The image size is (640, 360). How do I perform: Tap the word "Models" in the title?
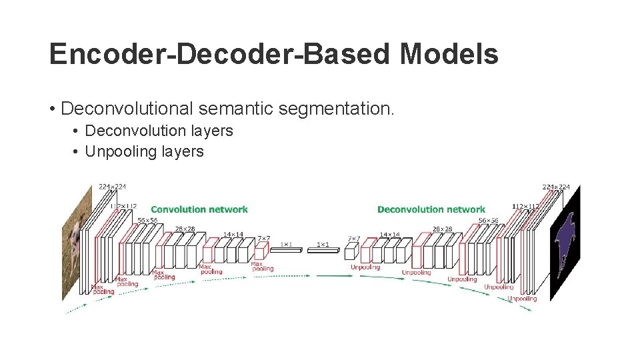(449, 54)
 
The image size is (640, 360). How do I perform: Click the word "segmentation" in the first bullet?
(344, 108)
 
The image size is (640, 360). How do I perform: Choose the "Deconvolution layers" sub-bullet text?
(159, 131)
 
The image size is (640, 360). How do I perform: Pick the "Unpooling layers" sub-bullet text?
(145, 151)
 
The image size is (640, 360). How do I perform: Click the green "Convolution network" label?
(199, 209)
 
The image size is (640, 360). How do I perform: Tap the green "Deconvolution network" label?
(431, 209)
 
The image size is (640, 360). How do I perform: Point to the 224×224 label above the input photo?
(112, 187)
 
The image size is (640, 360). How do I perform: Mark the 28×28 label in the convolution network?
(185, 229)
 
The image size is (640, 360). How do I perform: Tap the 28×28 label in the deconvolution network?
(442, 229)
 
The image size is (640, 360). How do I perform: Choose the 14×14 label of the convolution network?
(233, 235)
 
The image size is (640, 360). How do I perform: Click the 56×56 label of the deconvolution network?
(489, 220)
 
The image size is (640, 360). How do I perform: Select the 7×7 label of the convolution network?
(264, 238)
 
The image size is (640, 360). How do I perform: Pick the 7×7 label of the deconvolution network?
(354, 238)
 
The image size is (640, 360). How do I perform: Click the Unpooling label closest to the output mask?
(522, 299)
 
